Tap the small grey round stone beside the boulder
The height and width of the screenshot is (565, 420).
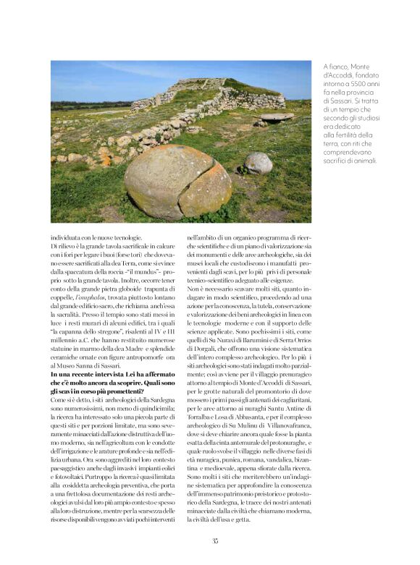pyautogui.click(x=259, y=163)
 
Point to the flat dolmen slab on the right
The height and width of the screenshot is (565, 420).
pyautogui.click(x=277, y=116)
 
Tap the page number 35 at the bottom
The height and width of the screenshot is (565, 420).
pyautogui.click(x=215, y=540)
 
